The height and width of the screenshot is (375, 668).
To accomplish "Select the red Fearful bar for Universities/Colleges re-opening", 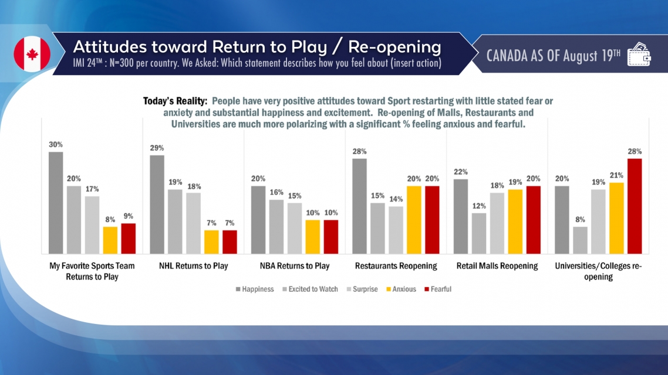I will click(635, 205).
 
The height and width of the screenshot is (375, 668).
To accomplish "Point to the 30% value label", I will click(56, 144).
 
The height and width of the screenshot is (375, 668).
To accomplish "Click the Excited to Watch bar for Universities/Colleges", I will click(580, 240).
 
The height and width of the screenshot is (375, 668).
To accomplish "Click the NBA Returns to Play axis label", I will click(295, 266).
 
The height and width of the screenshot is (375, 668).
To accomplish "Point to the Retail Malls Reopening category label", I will click(497, 266).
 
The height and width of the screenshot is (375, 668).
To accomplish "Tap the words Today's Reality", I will click(175, 101).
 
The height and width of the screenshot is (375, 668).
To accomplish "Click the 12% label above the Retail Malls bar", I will click(479, 206).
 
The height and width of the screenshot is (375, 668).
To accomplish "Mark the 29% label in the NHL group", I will click(157, 148).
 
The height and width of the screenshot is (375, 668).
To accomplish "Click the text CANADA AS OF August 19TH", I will click(554, 55).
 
